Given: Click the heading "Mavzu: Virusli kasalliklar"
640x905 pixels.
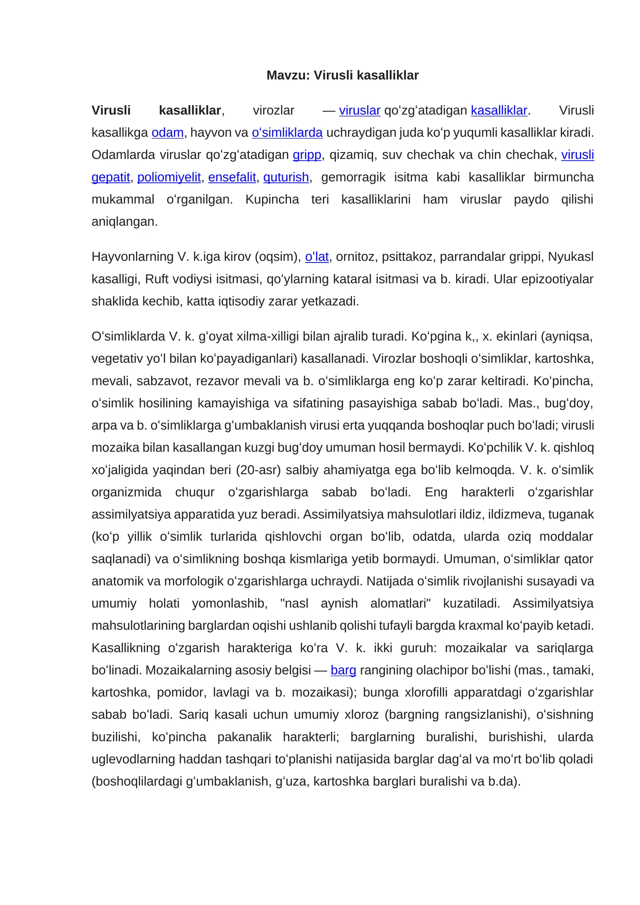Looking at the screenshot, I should pos(342,75).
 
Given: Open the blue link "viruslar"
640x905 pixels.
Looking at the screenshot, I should pos(359,110).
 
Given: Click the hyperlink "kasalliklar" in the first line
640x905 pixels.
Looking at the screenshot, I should pos(499,110).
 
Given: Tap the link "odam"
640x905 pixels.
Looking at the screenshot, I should pos(167,132).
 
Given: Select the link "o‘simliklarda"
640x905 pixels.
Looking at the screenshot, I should pos(287,132).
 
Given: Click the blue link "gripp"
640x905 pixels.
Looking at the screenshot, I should pos(307,155).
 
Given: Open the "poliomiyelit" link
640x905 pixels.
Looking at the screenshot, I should pos(169,177).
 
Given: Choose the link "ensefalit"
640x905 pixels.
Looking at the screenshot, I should pos(232,177).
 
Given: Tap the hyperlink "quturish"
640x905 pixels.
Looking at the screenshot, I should pos(286,177).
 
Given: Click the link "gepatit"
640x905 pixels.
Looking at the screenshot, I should pos(111,177).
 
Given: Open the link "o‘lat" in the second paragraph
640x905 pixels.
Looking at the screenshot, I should pos(317,256).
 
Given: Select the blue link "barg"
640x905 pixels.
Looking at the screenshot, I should pos(343,670).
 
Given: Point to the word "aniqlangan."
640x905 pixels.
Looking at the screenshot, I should pos(124,222).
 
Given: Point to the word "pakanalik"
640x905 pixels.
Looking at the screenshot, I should pos(244,737).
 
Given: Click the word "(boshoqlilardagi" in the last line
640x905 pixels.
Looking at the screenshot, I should pos(137,781).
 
